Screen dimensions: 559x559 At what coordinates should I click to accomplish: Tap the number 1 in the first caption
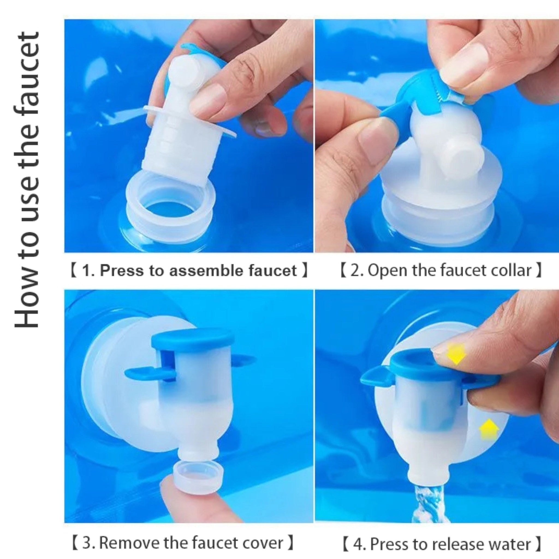click(x=86, y=271)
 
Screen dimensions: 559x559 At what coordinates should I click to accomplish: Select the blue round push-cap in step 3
click(x=192, y=339)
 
